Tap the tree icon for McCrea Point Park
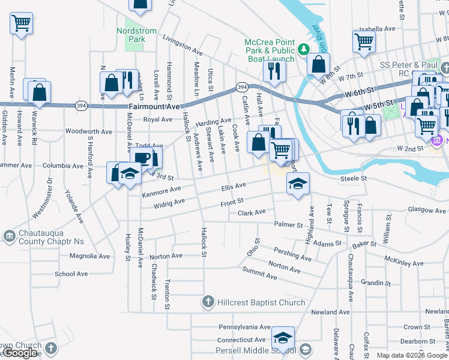[x=304, y=49]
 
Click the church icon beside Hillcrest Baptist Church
[x=208, y=302]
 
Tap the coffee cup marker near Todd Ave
[x=142, y=159]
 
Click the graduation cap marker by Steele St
[x=297, y=184]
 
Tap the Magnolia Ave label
[x=90, y=256]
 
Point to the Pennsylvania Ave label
[x=245, y=328]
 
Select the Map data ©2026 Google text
[x=411, y=355]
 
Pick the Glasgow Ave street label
[x=427, y=210]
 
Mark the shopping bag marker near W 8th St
[x=319, y=64]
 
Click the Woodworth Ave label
[x=89, y=131]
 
